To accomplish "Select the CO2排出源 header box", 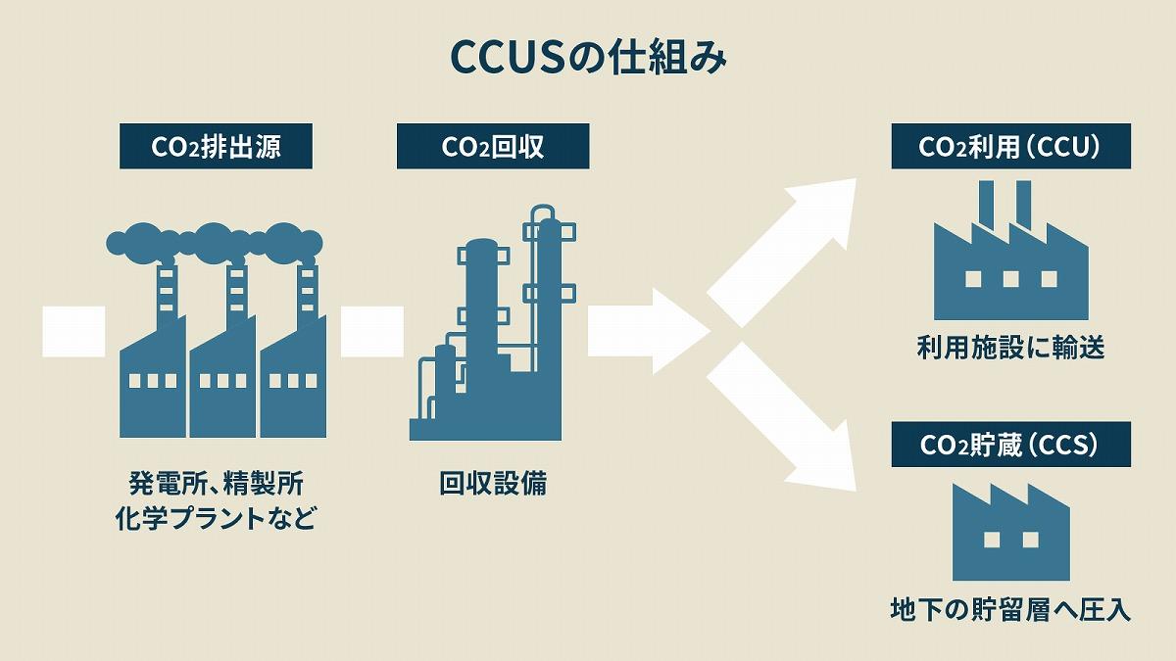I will click(216, 146).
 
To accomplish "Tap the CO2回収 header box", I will click(493, 146).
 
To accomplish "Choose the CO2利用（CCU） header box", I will click(1010, 146).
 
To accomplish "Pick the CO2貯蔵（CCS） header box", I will click(1010, 445).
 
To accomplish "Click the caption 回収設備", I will click(493, 483).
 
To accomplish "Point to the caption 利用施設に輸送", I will click(1010, 348).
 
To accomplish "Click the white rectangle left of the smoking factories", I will click(73, 331).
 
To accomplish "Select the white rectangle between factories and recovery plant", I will click(371, 331).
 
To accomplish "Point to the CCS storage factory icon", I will click(1010, 537).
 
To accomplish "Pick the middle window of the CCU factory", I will click(1010, 279).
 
